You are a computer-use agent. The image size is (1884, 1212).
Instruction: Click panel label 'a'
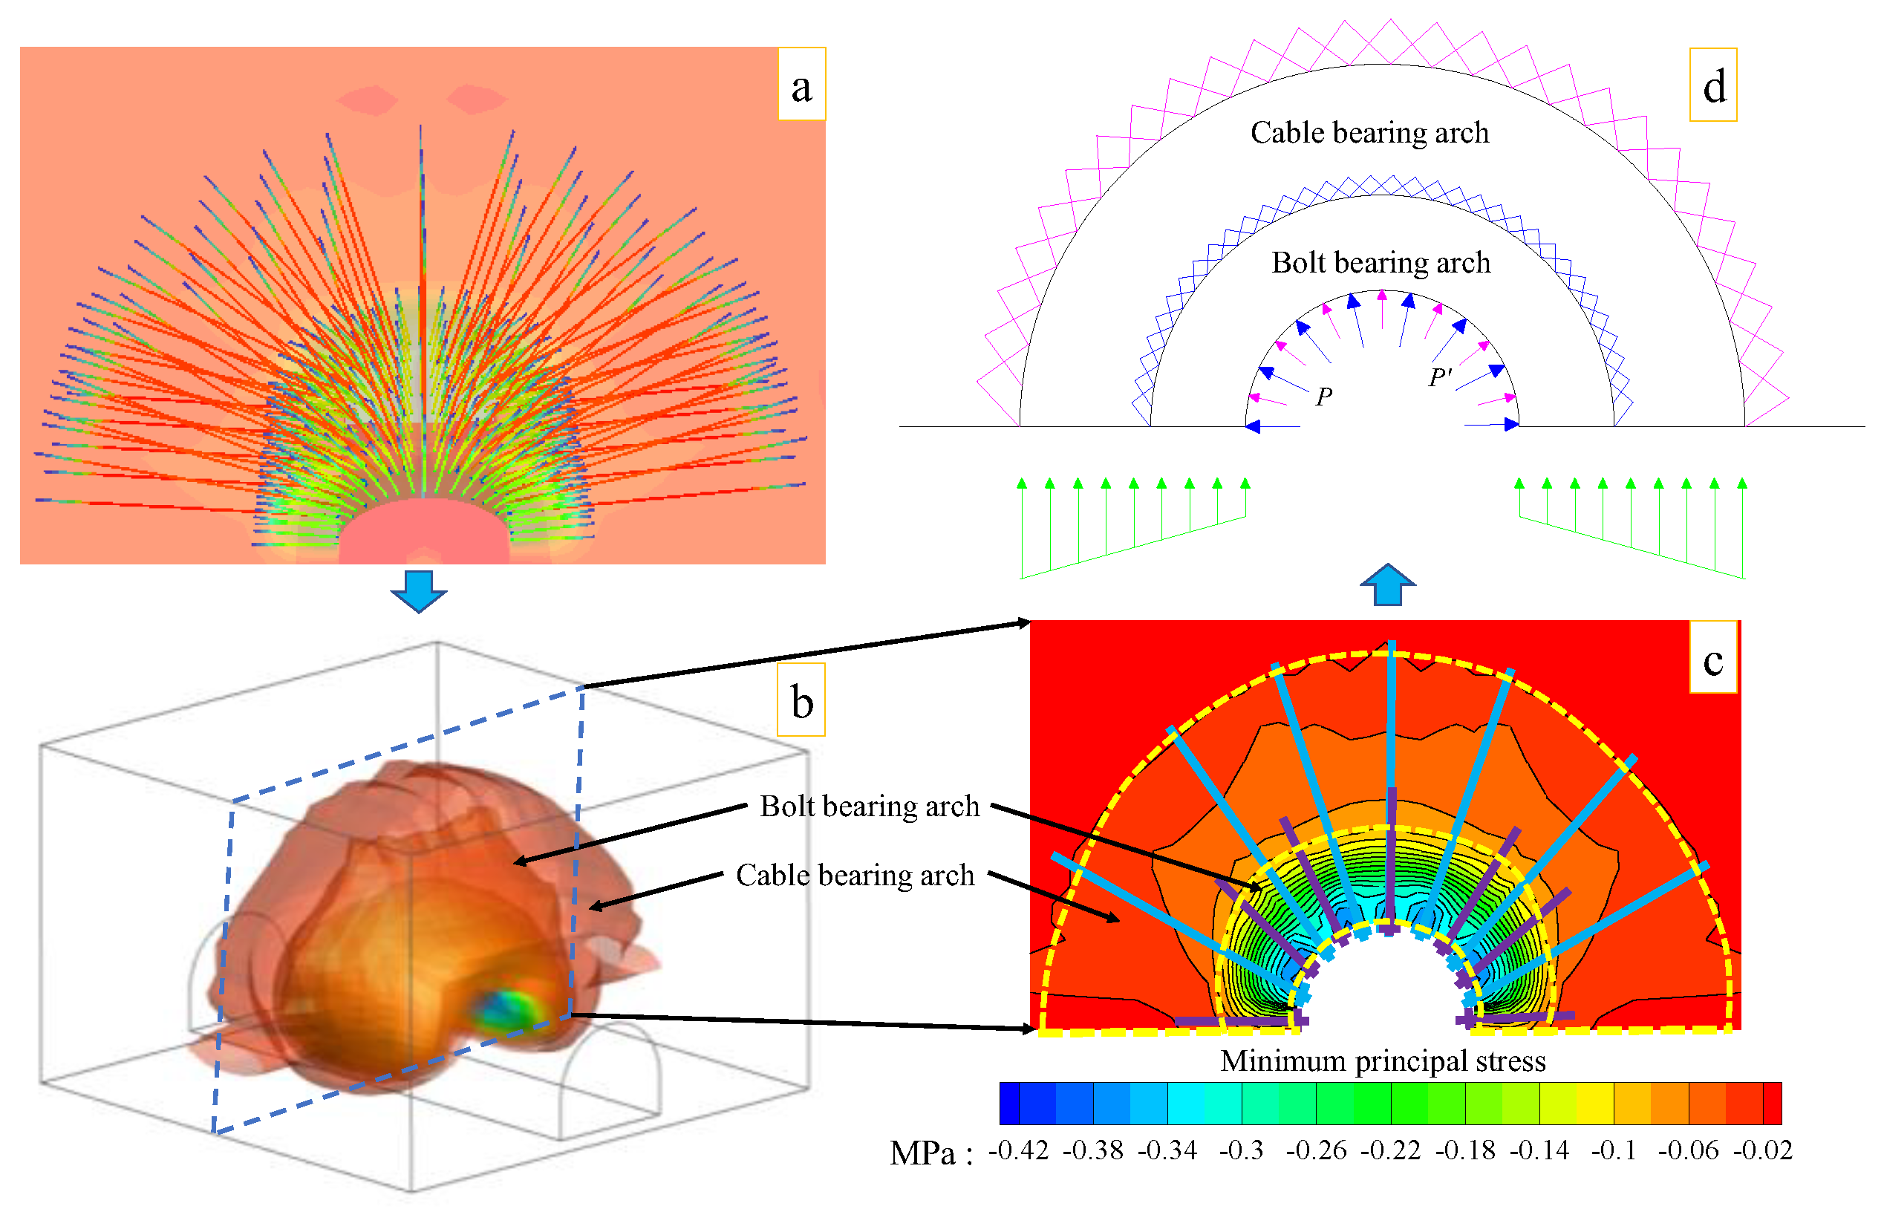[x=801, y=84]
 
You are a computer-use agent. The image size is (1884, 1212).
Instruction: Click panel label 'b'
[x=801, y=700]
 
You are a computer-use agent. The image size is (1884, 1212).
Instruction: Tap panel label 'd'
[x=1712, y=85]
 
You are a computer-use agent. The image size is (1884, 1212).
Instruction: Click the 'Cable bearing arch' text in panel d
[x=1369, y=132]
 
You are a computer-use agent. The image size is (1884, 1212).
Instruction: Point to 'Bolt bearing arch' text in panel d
[x=1380, y=262]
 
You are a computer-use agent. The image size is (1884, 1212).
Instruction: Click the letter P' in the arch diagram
[x=1438, y=378]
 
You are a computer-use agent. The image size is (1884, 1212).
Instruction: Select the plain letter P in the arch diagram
[x=1323, y=397]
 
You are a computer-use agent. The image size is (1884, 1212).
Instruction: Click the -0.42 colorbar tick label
[x=1017, y=1150]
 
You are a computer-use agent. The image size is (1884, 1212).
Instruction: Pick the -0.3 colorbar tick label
[x=1240, y=1150]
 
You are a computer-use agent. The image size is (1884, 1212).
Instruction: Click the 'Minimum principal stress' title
[x=1382, y=1061]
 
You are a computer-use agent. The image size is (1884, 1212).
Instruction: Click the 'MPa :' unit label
[x=931, y=1154]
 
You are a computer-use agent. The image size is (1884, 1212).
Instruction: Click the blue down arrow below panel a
[x=418, y=590]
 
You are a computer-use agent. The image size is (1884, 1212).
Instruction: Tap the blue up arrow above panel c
[x=1386, y=584]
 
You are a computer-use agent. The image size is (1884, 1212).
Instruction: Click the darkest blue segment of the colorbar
[x=1009, y=1103]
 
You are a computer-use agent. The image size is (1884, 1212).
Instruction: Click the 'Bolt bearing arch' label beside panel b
[x=869, y=806]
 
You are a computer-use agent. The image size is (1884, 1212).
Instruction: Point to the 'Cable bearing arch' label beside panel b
[x=855, y=875]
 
